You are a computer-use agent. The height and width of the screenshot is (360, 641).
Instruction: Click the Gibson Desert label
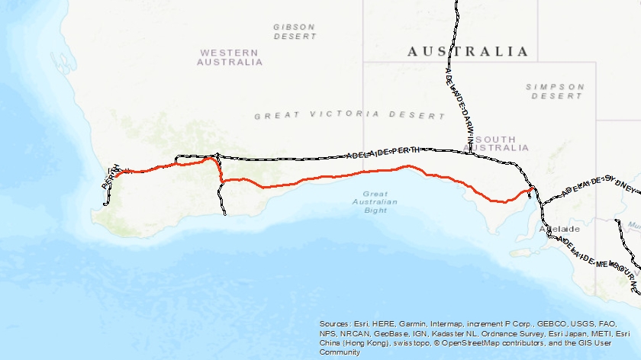point(295,31)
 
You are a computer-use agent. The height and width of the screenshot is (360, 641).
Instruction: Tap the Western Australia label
point(230,57)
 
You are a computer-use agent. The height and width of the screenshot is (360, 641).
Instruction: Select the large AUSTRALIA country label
point(468,52)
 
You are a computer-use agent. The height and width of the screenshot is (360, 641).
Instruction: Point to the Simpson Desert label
point(555,92)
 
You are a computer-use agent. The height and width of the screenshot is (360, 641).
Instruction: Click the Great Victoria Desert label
point(349,115)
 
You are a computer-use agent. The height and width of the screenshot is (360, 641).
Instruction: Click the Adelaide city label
point(559,229)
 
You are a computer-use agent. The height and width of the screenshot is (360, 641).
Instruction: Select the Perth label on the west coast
point(111,176)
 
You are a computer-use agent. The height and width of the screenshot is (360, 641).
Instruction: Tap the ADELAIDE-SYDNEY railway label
point(598,189)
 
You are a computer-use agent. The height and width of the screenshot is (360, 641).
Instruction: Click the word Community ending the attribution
point(340,352)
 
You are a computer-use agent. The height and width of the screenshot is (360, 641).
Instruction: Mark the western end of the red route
point(116,173)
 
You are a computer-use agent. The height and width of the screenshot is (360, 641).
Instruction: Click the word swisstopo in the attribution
point(409,343)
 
